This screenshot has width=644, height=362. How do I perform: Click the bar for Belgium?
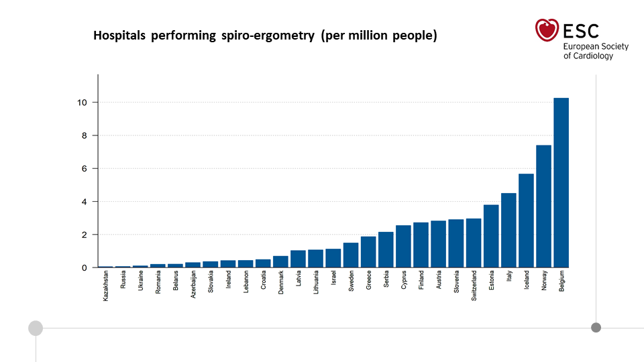(561, 182)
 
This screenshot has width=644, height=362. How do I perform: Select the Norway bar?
(543, 206)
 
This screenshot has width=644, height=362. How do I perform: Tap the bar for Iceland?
(526, 221)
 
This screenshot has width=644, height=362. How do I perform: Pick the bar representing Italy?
(508, 230)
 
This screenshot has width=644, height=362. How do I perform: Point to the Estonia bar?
(491, 236)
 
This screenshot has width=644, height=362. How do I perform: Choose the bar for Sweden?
(351, 255)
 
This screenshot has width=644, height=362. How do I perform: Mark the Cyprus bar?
(403, 246)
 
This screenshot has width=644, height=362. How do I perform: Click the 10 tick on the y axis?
(81, 103)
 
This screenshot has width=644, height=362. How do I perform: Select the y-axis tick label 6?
(84, 168)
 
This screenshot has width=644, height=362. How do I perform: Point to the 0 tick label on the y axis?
(84, 267)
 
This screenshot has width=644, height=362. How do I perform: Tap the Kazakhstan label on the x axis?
(106, 286)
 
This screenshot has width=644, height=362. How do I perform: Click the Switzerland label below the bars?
(474, 286)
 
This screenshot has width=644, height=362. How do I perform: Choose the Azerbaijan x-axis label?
(193, 286)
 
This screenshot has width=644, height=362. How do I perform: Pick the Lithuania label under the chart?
(316, 284)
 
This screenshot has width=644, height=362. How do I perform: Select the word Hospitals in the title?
(119, 36)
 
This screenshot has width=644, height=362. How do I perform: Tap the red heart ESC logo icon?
(547, 30)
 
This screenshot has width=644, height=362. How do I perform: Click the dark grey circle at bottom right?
(596, 328)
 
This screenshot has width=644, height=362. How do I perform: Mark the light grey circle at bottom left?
(36, 328)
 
